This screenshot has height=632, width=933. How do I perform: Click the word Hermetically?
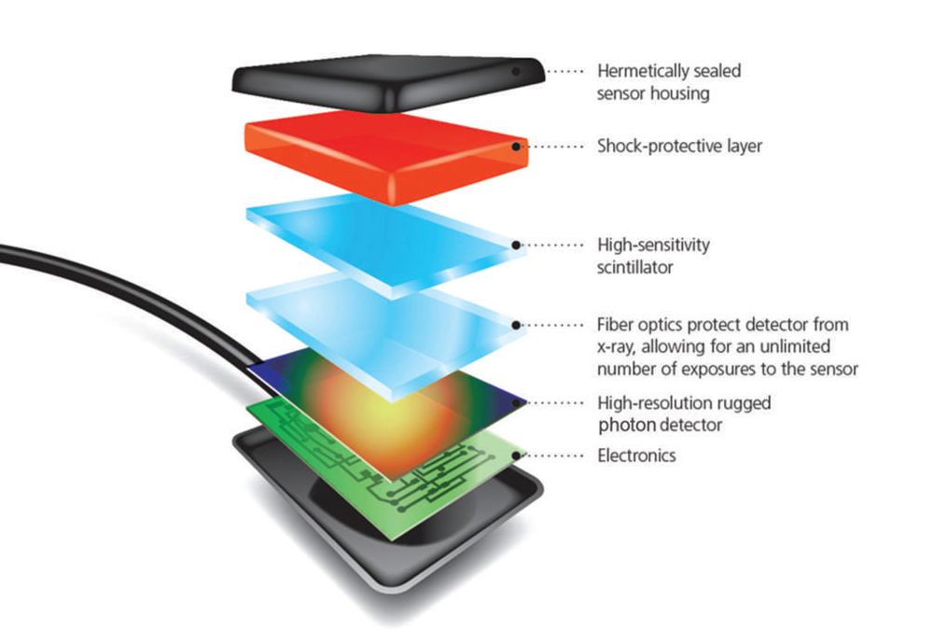click(643, 71)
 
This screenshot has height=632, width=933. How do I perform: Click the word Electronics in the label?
click(636, 456)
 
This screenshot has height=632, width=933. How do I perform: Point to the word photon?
click(622, 425)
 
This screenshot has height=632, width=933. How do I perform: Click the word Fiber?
click(615, 326)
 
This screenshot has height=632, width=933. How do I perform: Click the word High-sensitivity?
click(653, 245)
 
